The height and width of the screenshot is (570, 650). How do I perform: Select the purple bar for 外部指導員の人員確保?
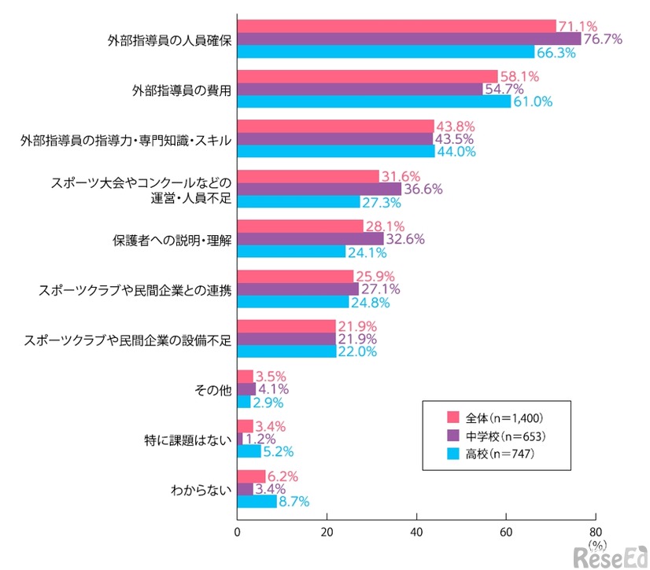(x=408, y=39)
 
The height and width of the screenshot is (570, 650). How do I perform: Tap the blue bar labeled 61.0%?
(x=374, y=101)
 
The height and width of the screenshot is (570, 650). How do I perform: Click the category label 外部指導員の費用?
(x=181, y=90)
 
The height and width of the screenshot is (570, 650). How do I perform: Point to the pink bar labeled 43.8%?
(x=335, y=126)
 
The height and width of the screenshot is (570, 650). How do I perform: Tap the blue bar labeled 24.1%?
(x=291, y=252)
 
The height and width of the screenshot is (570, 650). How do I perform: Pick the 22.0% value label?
(x=358, y=352)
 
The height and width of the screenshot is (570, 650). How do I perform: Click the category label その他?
(x=212, y=389)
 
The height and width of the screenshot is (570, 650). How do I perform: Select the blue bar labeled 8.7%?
(x=257, y=502)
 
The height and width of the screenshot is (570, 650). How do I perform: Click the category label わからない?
(x=201, y=489)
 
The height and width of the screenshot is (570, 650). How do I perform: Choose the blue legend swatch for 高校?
(x=452, y=454)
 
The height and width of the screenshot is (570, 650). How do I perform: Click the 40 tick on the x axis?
(x=416, y=531)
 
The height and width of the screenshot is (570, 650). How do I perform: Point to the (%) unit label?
(x=597, y=543)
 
